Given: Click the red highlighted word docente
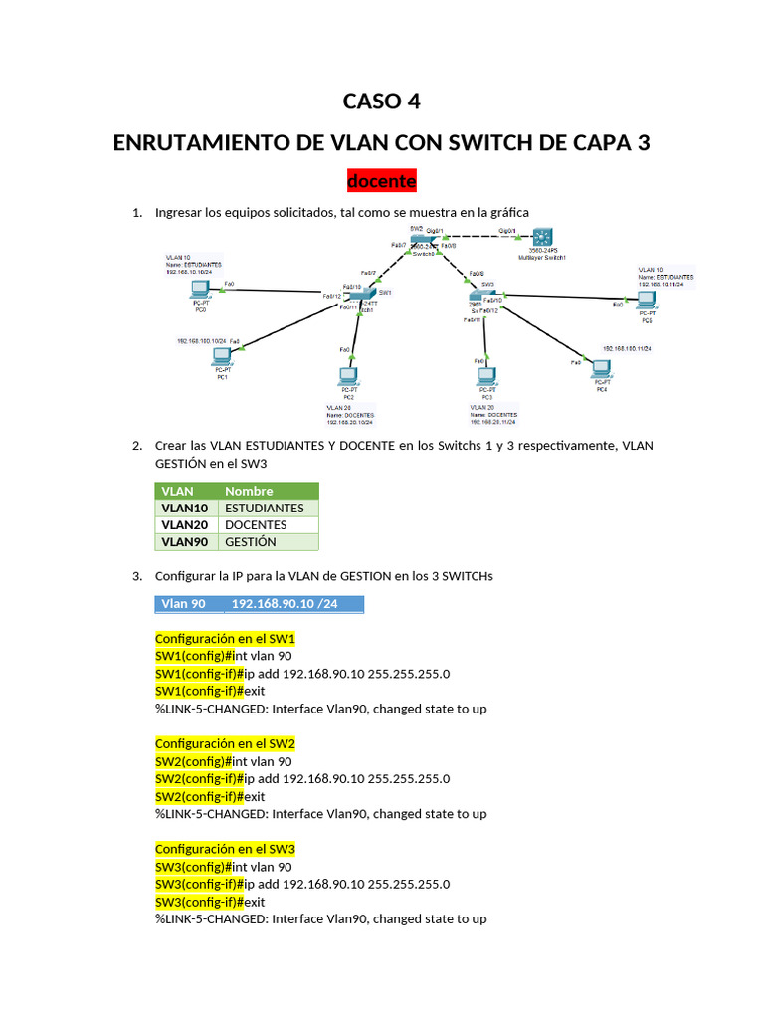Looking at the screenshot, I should coord(381,182).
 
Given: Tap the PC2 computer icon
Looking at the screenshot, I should coord(347,377).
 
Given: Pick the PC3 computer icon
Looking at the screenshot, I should coord(486,377).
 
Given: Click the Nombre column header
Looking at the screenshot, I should coord(249,491).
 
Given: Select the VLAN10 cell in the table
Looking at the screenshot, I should coord(184,508).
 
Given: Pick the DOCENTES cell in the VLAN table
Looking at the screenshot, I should coord(256,524).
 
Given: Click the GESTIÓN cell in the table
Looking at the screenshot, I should coord(251,542).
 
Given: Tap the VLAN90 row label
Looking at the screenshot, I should coord(184,542).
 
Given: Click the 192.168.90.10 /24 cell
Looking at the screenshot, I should coord(285,604).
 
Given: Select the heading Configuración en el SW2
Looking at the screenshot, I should coord(226,743).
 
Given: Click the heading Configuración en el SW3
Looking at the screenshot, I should coord(226,849).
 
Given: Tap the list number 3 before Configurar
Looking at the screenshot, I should coord(137,576).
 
